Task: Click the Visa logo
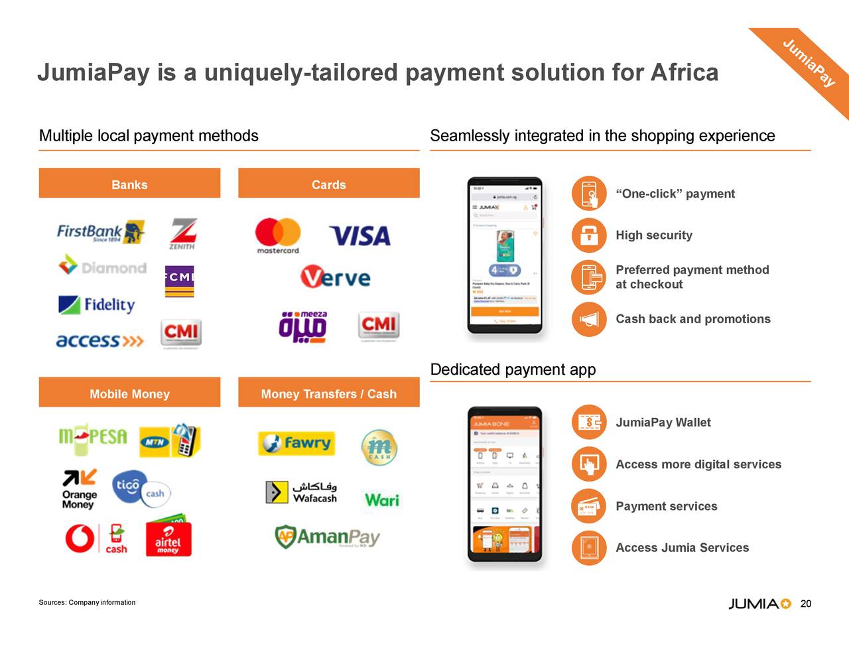[360, 235]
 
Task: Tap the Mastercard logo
[278, 235]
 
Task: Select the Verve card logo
[336, 277]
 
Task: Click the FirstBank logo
[100, 232]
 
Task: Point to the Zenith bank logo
[182, 233]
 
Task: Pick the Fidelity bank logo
[97, 304]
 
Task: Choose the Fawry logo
[296, 443]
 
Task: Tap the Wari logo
[382, 499]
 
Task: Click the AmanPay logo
[328, 537]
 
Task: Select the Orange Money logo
[80, 489]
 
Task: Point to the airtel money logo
[168, 537]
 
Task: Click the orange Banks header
[129, 184]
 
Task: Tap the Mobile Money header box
[129, 393]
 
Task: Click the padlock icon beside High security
[588, 235]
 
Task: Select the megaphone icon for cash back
[588, 319]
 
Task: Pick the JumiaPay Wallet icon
[588, 423]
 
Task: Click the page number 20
[806, 604]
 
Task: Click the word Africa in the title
[685, 72]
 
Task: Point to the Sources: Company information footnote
[87, 602]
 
